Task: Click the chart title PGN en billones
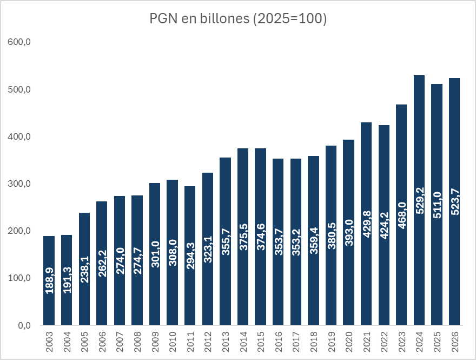(238, 19)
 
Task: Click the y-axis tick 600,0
(19, 42)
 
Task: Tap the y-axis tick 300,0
(19, 184)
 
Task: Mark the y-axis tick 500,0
(19, 89)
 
